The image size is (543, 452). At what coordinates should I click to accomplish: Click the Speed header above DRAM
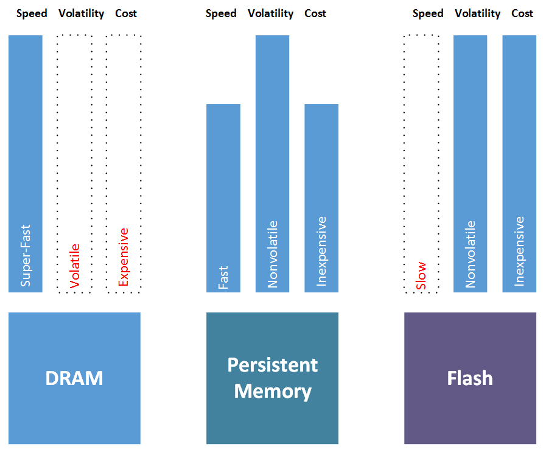[32, 14]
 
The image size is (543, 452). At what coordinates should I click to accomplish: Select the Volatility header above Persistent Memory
[270, 14]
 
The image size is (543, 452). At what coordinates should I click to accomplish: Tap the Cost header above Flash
[522, 13]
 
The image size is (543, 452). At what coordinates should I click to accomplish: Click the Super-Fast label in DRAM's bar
[26, 255]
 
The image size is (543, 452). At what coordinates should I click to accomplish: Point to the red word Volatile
[74, 266]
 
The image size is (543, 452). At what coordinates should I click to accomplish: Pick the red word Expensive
[124, 257]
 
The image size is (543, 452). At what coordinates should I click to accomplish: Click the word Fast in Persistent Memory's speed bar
[223, 277]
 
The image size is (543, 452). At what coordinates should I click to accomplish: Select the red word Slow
[421, 276]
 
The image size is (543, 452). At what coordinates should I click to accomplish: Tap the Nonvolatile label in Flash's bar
[470, 255]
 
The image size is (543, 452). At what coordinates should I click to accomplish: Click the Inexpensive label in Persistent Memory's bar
[321, 252]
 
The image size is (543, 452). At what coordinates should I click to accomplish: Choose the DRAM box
[74, 378]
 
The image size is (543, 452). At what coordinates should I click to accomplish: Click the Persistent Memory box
[272, 378]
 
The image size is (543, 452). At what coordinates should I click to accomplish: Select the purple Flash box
[470, 378]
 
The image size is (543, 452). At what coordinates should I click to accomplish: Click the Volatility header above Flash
[477, 14]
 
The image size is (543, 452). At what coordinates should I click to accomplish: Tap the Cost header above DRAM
[126, 13]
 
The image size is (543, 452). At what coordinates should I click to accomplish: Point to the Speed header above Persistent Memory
[221, 14]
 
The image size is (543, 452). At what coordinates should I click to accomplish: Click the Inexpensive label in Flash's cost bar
[519, 252]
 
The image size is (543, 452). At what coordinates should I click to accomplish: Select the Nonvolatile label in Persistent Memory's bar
[272, 255]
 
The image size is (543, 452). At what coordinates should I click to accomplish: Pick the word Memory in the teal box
[273, 392]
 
